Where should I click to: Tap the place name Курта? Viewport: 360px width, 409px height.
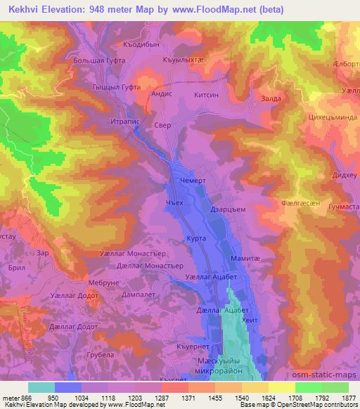[x=196, y=240]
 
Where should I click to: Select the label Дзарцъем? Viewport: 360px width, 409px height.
[x=227, y=209]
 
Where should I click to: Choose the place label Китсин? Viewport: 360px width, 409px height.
[x=205, y=93]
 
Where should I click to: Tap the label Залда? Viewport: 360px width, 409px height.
[x=271, y=100]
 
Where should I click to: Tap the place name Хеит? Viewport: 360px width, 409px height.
[x=250, y=320]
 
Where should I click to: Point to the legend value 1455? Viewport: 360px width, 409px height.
[x=215, y=397]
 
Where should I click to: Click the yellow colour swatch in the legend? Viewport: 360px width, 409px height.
[x=282, y=387]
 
